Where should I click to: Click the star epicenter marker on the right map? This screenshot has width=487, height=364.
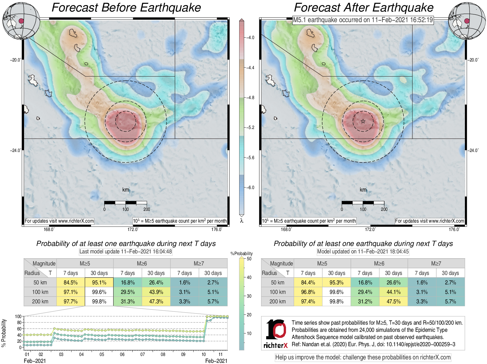(363, 121)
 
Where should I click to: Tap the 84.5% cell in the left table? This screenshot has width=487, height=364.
(71, 282)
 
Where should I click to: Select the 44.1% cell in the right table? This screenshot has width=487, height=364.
(393, 292)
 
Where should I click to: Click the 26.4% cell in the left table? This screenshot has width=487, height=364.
(156, 282)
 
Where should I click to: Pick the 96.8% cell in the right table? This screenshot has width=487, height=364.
(308, 292)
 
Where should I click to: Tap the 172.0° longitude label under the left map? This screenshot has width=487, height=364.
(133, 229)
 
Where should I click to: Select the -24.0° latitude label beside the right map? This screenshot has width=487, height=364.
(473, 150)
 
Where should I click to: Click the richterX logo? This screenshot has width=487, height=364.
(276, 333)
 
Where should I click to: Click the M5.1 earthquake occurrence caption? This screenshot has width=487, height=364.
(363, 20)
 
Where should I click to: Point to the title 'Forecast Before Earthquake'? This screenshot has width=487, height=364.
(126, 8)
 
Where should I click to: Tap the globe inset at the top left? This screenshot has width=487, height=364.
(21, 21)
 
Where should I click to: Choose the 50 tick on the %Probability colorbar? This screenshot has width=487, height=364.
(249, 259)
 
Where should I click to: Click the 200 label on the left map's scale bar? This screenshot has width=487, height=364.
(147, 209)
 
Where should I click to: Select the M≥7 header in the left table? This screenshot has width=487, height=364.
(199, 263)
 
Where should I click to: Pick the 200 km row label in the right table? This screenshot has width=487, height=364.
(277, 301)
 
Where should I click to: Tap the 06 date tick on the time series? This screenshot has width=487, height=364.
(122, 354)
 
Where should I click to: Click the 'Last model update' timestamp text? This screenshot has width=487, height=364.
(125, 252)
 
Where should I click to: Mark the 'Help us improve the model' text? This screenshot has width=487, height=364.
(363, 357)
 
